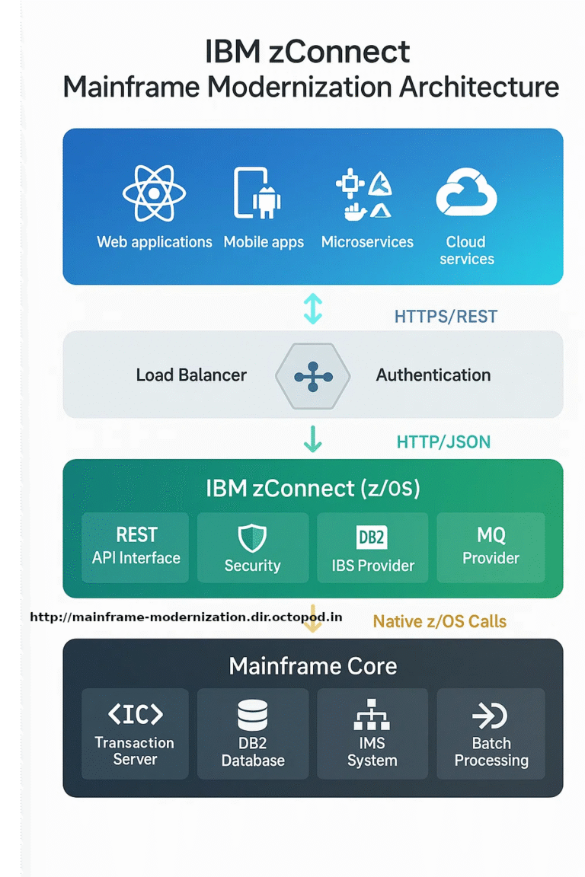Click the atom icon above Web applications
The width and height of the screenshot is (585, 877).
pos(154,193)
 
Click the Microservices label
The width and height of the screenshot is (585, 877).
pos(367,242)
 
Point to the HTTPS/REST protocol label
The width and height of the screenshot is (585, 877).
pos(446,317)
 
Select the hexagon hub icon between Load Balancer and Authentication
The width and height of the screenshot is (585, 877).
pos(313,376)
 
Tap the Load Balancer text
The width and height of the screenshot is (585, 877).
pos(191,375)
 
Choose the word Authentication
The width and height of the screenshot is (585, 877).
pos(433,375)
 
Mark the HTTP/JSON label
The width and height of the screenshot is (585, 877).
pos(443,442)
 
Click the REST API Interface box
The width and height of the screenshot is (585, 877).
pos(136,547)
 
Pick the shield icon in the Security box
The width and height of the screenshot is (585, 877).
pos(252,537)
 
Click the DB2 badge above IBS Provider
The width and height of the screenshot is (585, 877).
pos(372,537)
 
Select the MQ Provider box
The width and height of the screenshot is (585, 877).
pos(491,547)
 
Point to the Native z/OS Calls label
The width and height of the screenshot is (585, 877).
pos(440,621)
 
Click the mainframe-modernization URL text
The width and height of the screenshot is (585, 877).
pos(186,617)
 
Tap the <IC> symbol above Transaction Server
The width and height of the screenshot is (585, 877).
pos(135,714)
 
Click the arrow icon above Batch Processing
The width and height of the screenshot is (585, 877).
pos(491,716)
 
